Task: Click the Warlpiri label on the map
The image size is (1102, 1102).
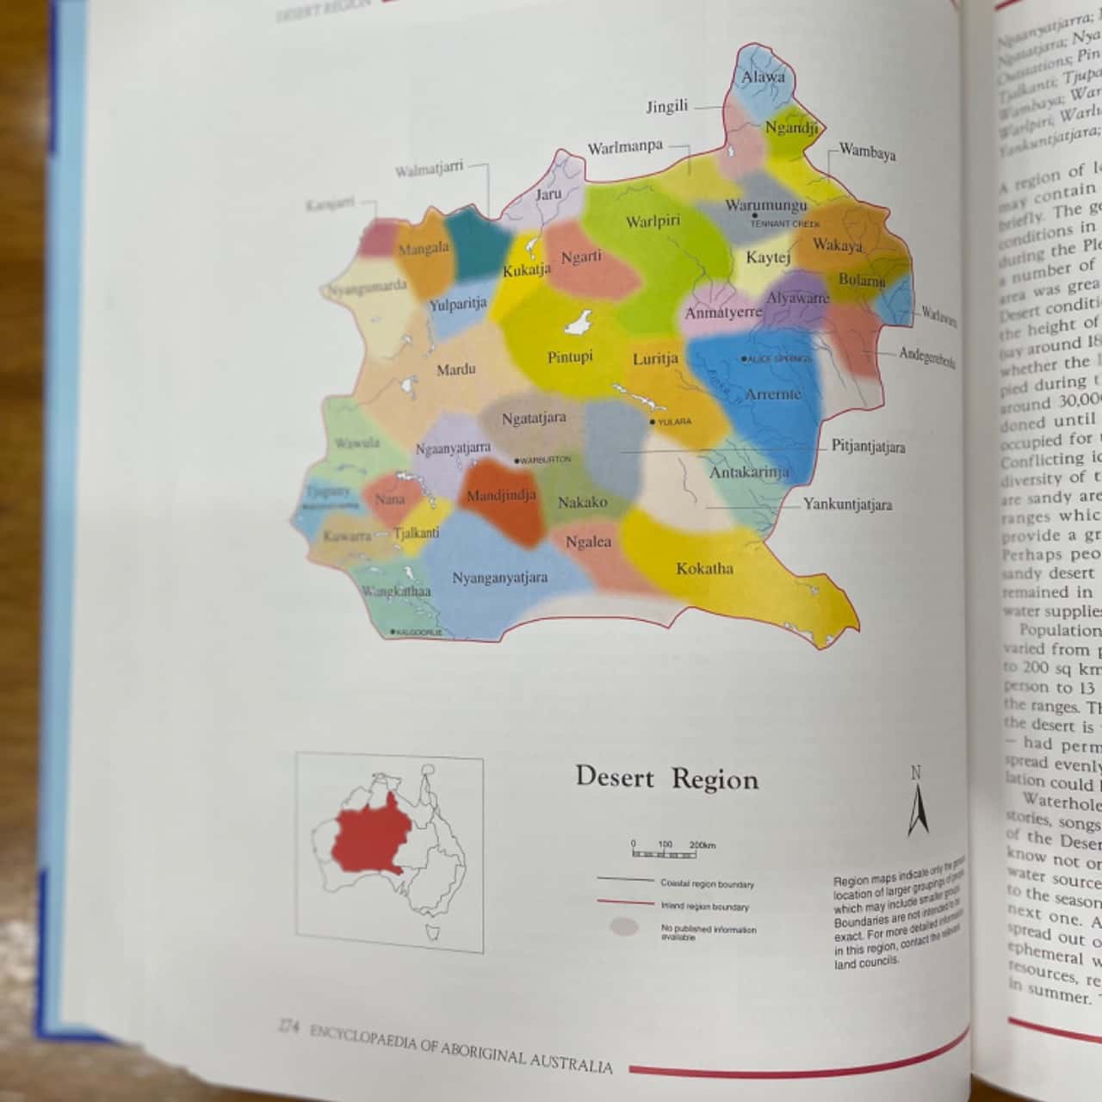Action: [x=653, y=221]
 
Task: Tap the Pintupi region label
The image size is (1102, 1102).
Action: [x=570, y=356]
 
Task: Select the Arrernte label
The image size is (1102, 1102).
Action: [x=772, y=394]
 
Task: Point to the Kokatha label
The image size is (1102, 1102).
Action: [x=704, y=568]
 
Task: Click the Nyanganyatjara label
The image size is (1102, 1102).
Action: [x=499, y=578]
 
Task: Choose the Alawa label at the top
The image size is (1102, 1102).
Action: [x=763, y=77]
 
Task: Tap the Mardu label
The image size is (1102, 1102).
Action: [x=455, y=369]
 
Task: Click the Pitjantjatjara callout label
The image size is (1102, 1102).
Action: [x=868, y=447]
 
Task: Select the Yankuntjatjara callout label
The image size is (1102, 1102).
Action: [x=847, y=505]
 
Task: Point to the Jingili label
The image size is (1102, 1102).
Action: [x=667, y=107]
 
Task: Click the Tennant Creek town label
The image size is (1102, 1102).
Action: [x=784, y=224]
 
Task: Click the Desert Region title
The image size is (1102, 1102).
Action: [x=666, y=778]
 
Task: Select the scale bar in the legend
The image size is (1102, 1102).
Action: [x=663, y=852]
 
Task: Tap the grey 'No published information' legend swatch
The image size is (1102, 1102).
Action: [x=624, y=927]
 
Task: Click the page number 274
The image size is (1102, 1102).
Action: [x=288, y=1026]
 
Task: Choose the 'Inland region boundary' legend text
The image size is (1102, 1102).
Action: [x=704, y=907]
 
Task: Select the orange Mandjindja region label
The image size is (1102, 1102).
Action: [x=500, y=496]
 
